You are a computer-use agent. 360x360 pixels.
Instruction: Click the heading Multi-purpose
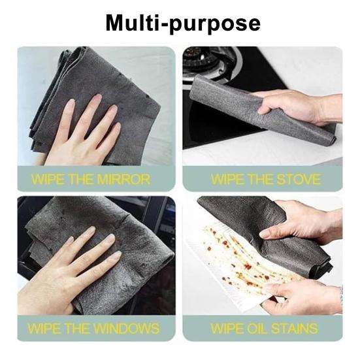[183, 23]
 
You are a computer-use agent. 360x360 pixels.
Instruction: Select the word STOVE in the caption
[299, 179]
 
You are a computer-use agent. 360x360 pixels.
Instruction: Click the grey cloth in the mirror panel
[65, 85]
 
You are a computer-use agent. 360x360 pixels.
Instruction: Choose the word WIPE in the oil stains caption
[227, 328]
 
